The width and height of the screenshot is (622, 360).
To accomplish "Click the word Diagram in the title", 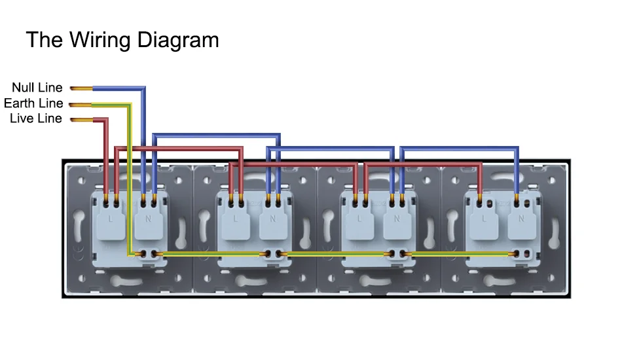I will [x=178, y=40].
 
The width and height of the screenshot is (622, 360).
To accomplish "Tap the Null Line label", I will [x=37, y=88].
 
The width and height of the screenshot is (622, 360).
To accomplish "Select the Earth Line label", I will [x=33, y=103].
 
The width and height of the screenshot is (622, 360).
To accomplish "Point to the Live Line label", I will [x=36, y=118].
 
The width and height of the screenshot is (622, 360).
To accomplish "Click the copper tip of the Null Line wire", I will [x=80, y=88].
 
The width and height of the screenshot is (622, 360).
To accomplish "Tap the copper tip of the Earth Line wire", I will [x=80, y=103].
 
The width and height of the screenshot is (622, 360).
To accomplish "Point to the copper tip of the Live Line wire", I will [x=80, y=119].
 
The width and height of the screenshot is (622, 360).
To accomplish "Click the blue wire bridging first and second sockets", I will [x=216, y=135].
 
